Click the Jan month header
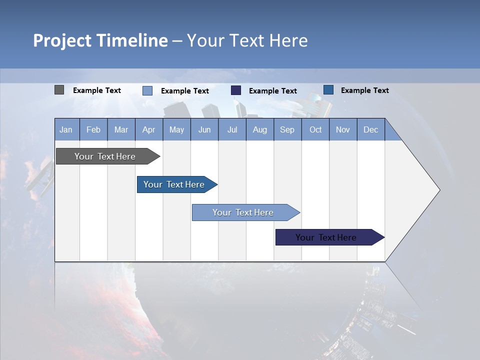tap(66, 130)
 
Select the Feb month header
tap(93, 130)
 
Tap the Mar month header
tap(121, 130)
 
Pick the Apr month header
tap(149, 130)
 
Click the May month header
tap(176, 130)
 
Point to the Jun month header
tap(204, 130)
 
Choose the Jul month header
tap(232, 130)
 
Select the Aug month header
tap(260, 130)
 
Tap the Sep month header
tap(287, 130)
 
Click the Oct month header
tap(315, 130)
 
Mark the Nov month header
tap(343, 130)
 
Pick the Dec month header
tap(371, 130)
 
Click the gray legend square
tap(59, 90)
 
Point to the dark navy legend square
tap(236, 90)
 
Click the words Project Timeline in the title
tap(100, 40)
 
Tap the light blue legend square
tap(147, 90)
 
